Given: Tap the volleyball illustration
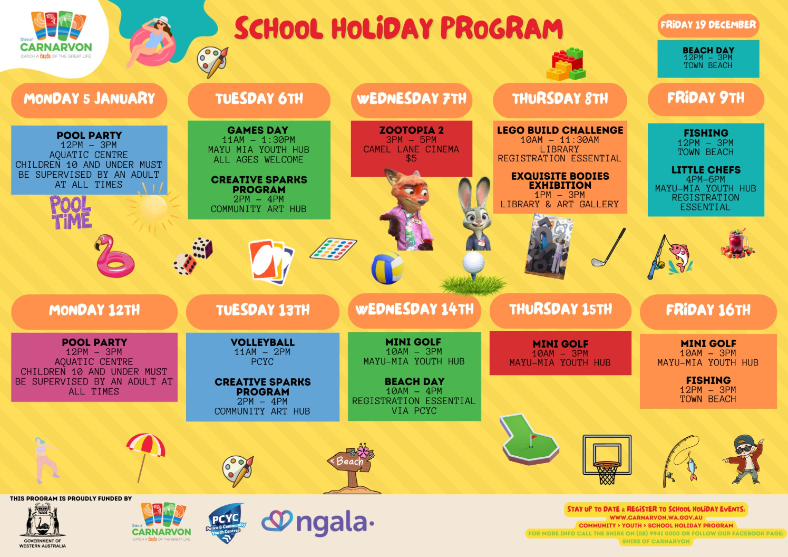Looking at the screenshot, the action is [x=387, y=267].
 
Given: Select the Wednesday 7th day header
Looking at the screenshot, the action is [x=411, y=99].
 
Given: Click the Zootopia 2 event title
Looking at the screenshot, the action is [x=411, y=130].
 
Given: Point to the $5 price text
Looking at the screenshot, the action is [x=411, y=158].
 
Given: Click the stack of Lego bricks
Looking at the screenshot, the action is [x=566, y=64].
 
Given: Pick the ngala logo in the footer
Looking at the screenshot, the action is [x=317, y=523].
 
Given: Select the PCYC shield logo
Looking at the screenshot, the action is [x=226, y=523].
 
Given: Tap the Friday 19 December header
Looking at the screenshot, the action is [x=708, y=25].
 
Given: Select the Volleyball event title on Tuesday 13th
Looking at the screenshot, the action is [x=262, y=342].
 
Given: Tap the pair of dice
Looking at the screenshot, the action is [x=193, y=256].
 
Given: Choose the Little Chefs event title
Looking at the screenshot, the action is [x=706, y=170].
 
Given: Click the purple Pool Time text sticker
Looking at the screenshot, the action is [x=71, y=213].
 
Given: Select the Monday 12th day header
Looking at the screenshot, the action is [x=94, y=310].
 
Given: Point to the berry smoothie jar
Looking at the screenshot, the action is [x=737, y=244].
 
